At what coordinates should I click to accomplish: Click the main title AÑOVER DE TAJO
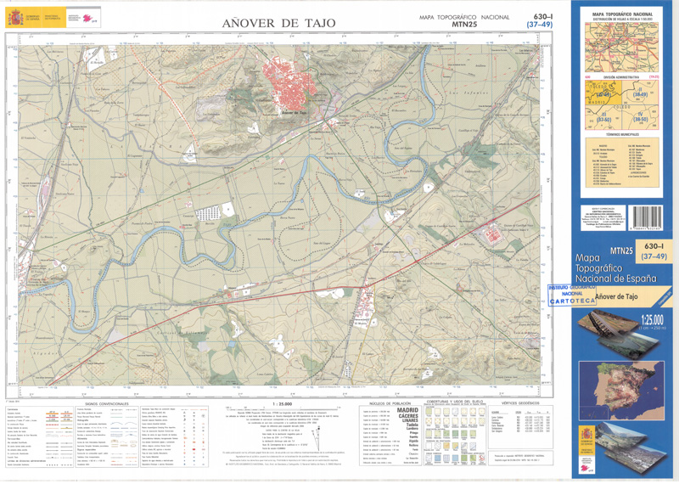pos(278,23)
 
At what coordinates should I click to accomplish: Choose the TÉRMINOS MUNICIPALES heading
pos(626,135)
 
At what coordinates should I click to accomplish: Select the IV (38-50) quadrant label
pos(643,118)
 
